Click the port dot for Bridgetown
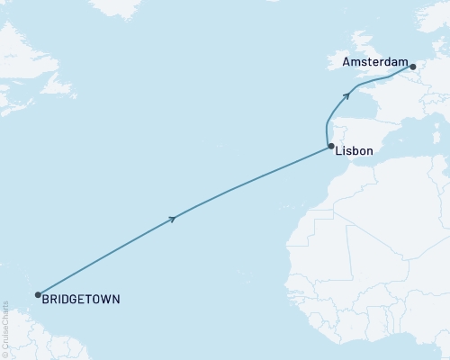38,294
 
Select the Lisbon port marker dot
331,146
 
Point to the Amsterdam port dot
411,66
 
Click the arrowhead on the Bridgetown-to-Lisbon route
173,219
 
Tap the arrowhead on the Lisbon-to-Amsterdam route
346,94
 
